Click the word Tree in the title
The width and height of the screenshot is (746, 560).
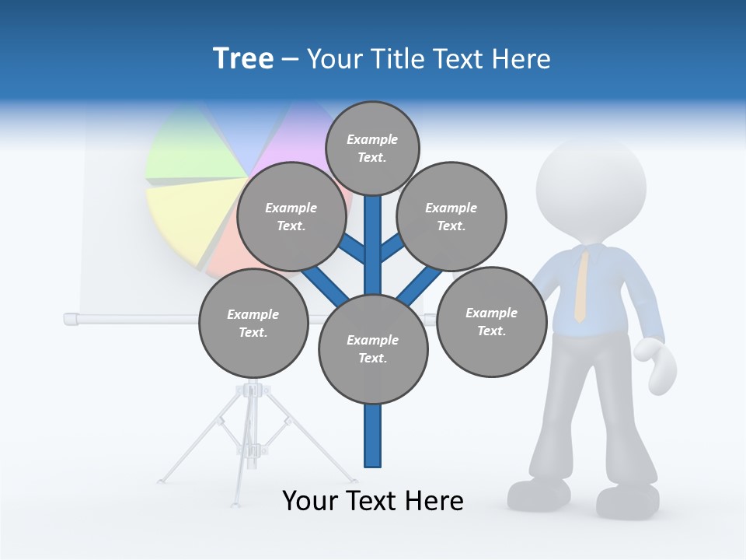click(x=243, y=58)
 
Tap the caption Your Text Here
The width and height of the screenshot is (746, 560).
click(x=372, y=501)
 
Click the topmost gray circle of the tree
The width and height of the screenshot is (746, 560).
click(x=372, y=148)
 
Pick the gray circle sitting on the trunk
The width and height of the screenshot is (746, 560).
click(x=373, y=349)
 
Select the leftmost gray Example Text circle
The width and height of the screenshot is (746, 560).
click(x=253, y=324)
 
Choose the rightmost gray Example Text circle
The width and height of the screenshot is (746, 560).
click(x=491, y=322)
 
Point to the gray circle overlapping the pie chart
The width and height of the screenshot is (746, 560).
click(x=291, y=217)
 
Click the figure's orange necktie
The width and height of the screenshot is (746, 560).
click(x=580, y=288)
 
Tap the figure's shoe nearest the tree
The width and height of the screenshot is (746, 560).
click(x=540, y=494)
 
